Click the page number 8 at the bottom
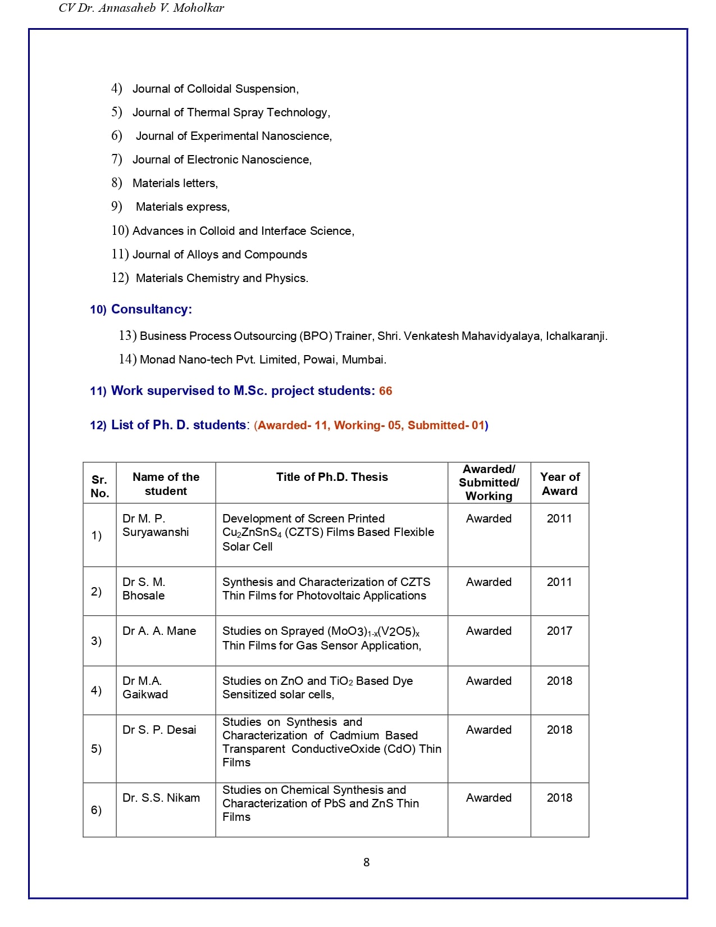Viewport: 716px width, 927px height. [366, 862]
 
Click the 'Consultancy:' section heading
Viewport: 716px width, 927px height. [151, 309]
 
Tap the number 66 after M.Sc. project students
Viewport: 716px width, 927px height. [385, 391]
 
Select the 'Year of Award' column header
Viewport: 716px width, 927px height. [559, 484]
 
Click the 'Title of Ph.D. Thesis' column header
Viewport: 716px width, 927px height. [332, 477]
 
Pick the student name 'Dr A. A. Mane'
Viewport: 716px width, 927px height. [159, 631]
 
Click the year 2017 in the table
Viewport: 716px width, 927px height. [559, 631]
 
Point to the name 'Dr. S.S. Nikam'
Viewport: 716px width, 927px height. [161, 798]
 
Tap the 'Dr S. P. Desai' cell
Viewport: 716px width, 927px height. [159, 730]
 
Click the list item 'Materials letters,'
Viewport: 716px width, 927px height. [175, 183]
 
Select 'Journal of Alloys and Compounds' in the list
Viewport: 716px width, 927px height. [220, 255]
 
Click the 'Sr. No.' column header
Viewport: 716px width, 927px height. [99, 487]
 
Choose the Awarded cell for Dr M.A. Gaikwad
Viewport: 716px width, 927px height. [489, 681]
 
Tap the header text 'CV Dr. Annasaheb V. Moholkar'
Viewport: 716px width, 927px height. [141, 8]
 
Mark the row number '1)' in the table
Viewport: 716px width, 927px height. [97, 535]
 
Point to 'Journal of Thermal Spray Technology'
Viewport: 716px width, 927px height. [231, 112]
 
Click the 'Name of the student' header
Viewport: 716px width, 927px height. [166, 484]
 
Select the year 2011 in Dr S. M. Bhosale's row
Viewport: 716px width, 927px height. [559, 582]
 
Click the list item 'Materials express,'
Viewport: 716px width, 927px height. [183, 207]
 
